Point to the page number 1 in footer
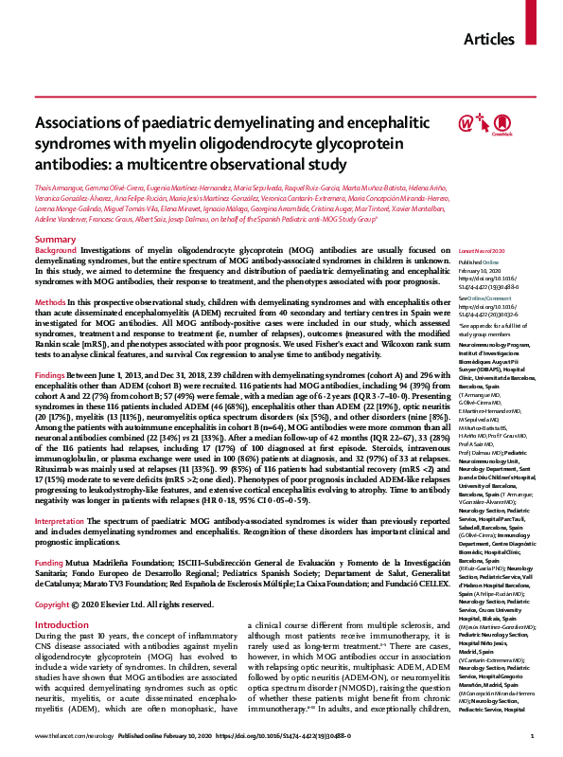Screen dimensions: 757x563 pyautogui.click(x=533, y=735)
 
